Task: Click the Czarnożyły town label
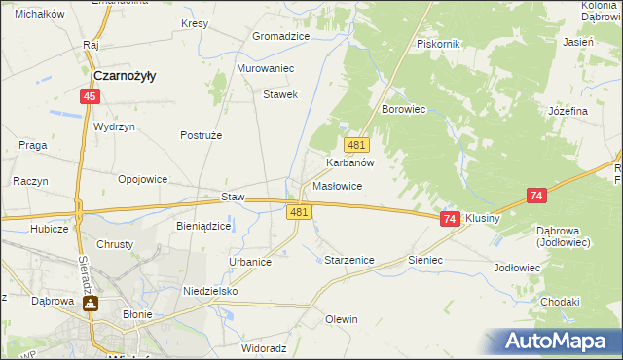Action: [x=126, y=75]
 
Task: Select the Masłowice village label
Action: [x=338, y=185]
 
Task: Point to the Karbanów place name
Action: [x=350, y=163]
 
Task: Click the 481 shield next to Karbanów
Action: [x=356, y=145]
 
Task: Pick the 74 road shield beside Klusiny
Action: [x=449, y=220]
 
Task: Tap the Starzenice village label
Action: [x=348, y=261]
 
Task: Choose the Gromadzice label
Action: [x=280, y=36]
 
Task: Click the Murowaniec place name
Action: [x=266, y=69]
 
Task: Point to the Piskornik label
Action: [x=437, y=44]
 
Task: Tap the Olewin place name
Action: [x=342, y=319]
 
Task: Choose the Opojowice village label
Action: [x=143, y=179]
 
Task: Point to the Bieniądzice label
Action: [x=203, y=226]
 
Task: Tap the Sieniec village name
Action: [x=425, y=261]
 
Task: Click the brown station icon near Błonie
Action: [x=90, y=303]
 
